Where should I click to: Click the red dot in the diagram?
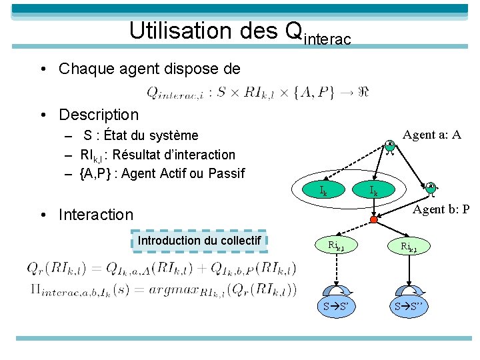tap(374, 219)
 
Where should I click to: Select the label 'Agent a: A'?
tap(431, 135)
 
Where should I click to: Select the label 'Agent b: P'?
tap(441, 209)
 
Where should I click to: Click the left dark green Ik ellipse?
tap(324, 191)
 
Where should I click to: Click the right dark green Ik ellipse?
tap(374, 191)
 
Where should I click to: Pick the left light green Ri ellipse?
tap(336, 246)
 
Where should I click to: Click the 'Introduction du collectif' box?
tap(199, 241)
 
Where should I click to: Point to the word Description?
tap(99, 115)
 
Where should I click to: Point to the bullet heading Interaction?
tap(96, 215)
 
